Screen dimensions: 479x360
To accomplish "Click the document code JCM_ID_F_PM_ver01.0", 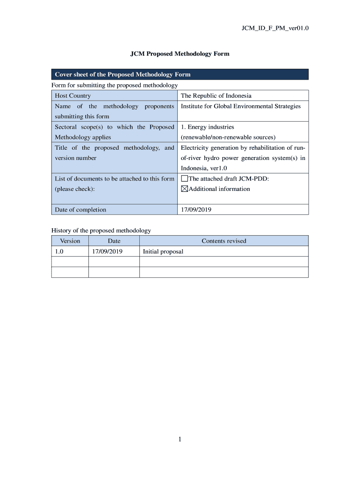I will coord(275,28).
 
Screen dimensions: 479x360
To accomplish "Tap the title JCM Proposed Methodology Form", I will coord(180,54).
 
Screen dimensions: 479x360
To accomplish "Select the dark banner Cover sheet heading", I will coord(122,74).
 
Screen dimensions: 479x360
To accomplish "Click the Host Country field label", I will coord(73,95).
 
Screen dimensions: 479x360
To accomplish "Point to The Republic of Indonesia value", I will coord(216,95).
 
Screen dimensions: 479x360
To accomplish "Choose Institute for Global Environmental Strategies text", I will coord(241,106).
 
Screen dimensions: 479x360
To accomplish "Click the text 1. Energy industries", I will coord(208,127).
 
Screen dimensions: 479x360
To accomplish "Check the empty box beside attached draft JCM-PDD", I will coord(184,179).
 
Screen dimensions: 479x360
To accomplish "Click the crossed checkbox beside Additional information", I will coord(184,189).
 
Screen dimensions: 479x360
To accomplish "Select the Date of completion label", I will coord(80,210).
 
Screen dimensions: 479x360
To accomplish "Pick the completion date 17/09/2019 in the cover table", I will coord(196,210).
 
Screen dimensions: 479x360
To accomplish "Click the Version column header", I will coord(70,241).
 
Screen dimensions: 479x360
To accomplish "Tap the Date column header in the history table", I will coord(114,241).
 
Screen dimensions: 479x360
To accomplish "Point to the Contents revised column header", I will coord(223,241).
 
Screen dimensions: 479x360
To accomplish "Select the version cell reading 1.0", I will coord(59,251).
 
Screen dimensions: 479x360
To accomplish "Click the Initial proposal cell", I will coord(163,251).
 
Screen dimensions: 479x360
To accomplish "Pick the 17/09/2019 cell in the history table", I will coord(107,251).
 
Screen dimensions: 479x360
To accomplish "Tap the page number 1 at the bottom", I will coord(180,439).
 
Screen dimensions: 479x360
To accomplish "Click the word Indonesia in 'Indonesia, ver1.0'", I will coord(194,168).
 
